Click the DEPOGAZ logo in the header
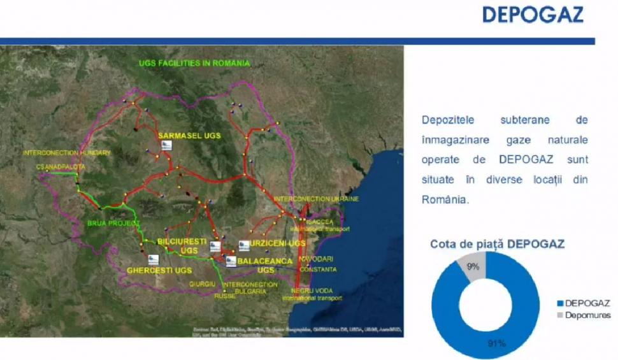(533, 15)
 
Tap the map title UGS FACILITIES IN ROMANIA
(195, 63)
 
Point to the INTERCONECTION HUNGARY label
(66, 153)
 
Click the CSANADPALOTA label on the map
(61, 166)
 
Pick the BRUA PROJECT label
(112, 223)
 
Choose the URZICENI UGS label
(277, 243)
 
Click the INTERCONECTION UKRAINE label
(317, 199)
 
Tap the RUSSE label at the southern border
(225, 296)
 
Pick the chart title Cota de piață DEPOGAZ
(498, 244)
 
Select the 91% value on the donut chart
(497, 343)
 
